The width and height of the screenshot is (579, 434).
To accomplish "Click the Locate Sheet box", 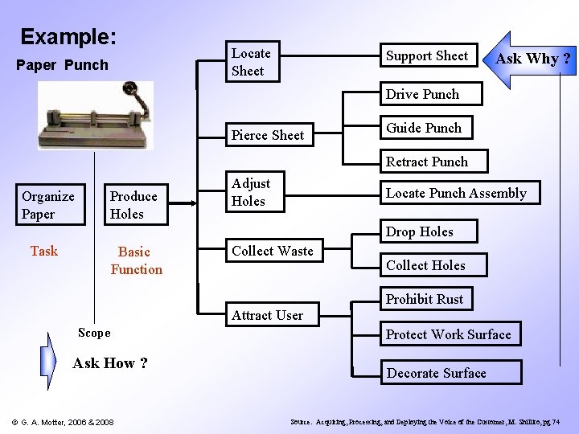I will (251, 62).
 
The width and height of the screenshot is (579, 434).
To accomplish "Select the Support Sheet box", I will (428, 55).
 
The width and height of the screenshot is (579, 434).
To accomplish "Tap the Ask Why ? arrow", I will (530, 59).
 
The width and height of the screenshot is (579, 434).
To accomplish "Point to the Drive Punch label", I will (422, 94).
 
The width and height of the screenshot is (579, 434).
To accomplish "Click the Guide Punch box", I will (424, 128).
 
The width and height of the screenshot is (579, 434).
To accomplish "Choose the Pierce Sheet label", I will (267, 135).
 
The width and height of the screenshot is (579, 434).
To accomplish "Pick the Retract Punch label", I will (426, 162).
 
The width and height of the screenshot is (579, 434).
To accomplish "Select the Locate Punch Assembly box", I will (456, 194).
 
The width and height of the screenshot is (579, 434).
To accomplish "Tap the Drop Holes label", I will (419, 231).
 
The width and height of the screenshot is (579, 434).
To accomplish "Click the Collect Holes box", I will (425, 265).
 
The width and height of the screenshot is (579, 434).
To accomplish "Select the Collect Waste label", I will (273, 251).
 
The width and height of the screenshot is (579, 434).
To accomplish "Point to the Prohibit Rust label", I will (425, 299).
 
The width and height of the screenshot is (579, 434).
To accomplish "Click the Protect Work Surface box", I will (448, 334).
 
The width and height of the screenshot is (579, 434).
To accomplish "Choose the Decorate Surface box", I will (437, 373).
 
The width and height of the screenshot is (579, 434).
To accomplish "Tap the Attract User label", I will (267, 315).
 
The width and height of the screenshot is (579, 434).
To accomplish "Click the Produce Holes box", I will (134, 205).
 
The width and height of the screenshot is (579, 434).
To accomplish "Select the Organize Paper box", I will (48, 205).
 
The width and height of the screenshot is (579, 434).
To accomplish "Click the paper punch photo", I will (96, 116).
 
